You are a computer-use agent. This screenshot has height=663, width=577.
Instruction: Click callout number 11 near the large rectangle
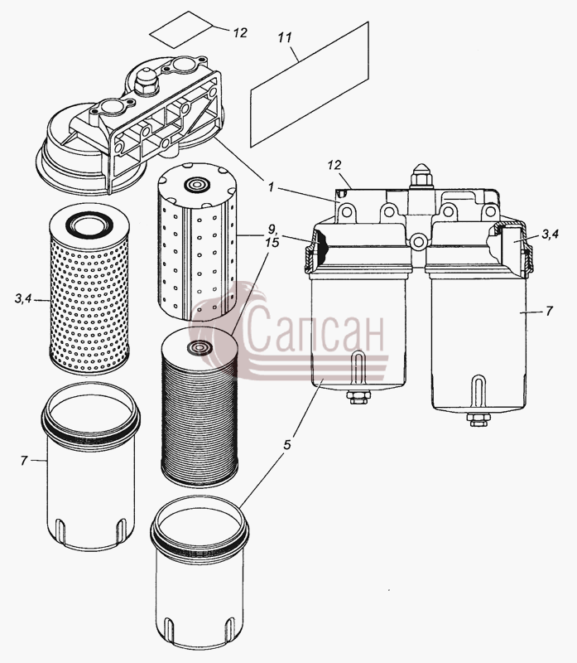[285, 37]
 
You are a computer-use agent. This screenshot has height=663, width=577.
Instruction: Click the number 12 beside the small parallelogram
[240, 33]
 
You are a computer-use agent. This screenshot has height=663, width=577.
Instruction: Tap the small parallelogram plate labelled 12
[181, 30]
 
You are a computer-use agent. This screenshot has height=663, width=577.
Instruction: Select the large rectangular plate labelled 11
[310, 85]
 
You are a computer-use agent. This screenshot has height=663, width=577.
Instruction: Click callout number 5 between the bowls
[287, 444]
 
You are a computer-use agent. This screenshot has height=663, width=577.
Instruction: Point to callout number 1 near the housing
[271, 187]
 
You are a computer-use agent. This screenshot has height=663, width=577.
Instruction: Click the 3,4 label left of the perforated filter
[23, 299]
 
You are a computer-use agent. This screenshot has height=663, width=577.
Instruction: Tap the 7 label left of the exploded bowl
[24, 461]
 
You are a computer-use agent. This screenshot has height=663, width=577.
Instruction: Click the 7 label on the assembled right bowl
[549, 312]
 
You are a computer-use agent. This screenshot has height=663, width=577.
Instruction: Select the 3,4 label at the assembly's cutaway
[551, 234]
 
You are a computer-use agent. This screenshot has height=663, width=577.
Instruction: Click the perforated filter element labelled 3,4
[89, 289]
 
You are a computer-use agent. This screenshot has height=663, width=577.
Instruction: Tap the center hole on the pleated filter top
[197, 346]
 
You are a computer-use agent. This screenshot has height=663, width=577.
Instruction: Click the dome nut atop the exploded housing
[146, 80]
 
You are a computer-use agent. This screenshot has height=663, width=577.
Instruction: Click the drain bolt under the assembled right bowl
[478, 419]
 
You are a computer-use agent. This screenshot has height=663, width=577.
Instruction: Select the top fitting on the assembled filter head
[421, 176]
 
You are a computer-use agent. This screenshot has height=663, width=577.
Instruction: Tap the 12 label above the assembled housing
[334, 165]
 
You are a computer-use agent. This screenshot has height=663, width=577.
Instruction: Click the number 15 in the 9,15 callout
[272, 243]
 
